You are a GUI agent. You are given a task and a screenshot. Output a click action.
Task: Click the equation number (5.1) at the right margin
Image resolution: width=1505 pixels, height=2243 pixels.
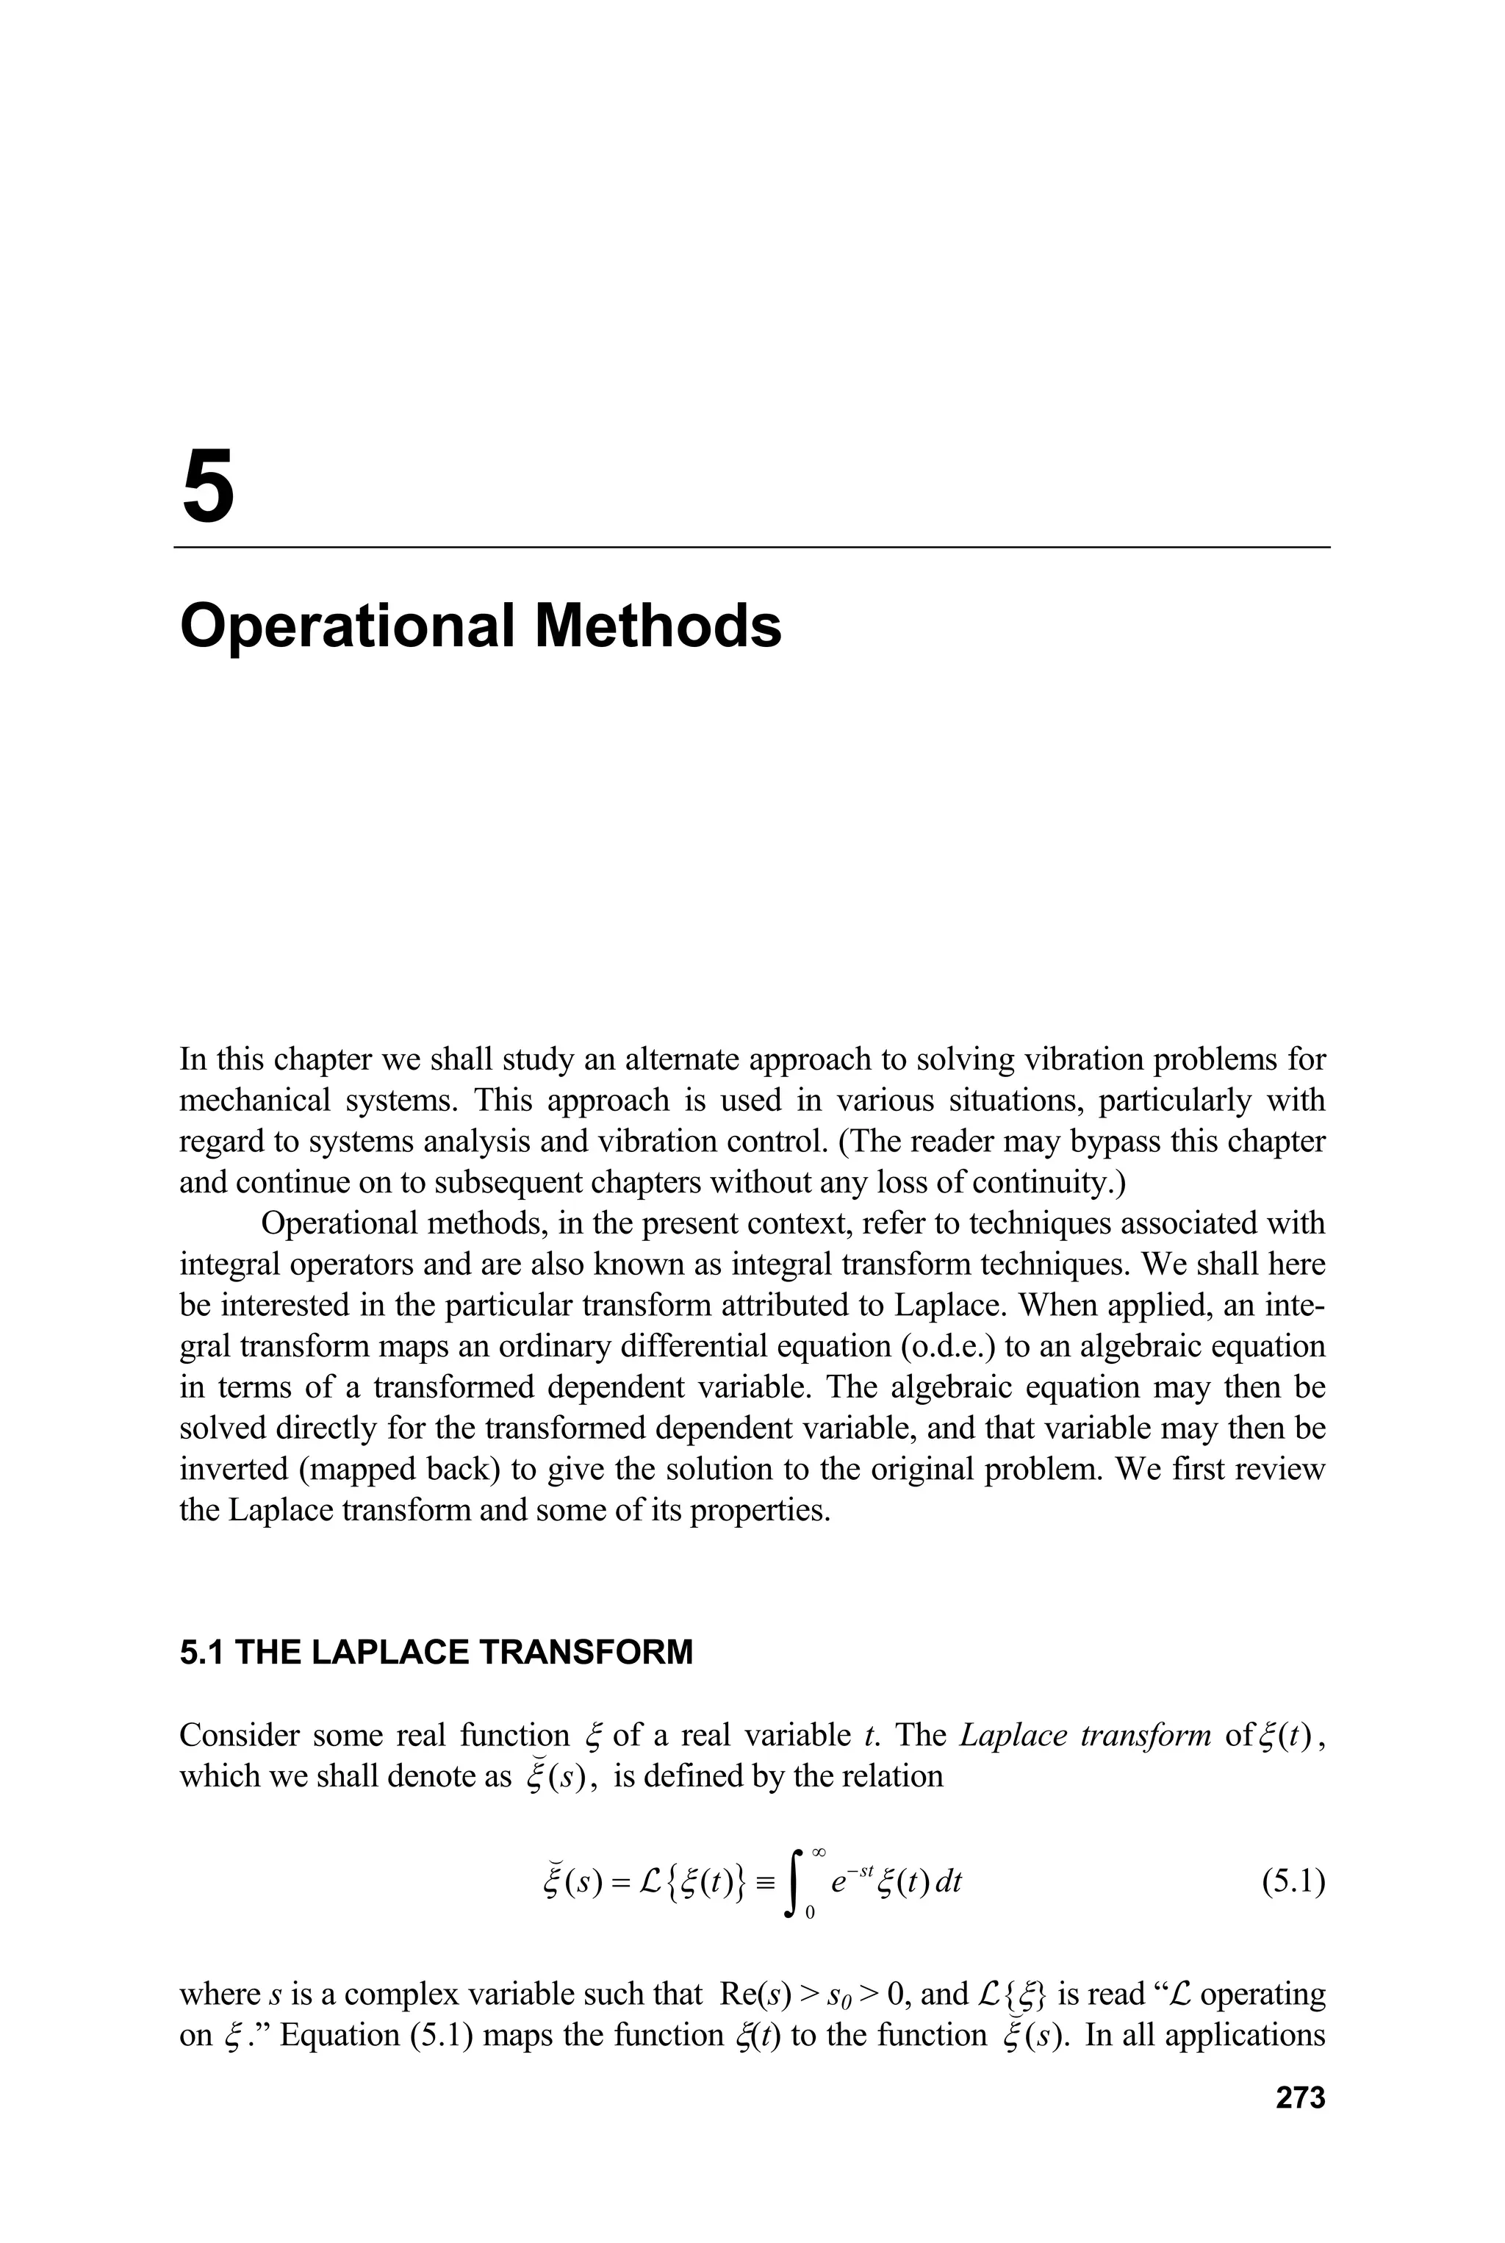click(1293, 1884)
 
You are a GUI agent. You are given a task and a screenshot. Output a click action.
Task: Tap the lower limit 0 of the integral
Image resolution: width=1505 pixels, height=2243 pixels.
click(810, 1914)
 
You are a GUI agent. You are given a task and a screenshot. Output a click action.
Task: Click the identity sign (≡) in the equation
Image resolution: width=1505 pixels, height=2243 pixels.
click(764, 1884)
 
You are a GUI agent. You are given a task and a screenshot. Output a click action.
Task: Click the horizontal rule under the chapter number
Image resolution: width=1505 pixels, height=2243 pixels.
click(752, 547)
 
